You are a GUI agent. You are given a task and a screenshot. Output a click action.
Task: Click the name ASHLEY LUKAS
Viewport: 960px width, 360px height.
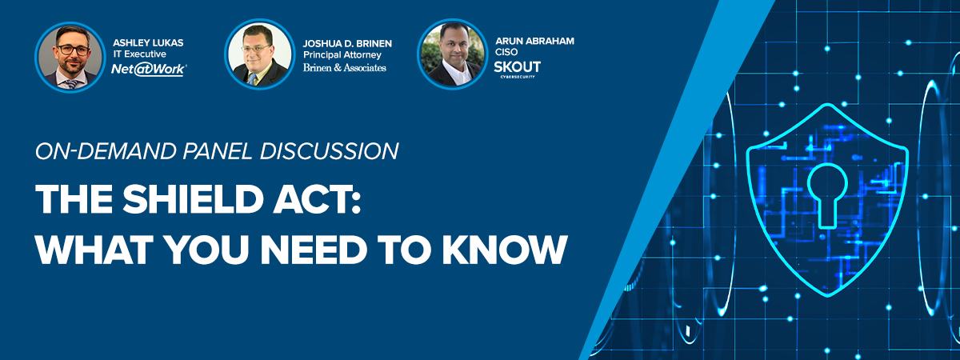(148, 43)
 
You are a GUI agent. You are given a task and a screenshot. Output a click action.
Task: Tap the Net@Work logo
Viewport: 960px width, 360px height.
(149, 70)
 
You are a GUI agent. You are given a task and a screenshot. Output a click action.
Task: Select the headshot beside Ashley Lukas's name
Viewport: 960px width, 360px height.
(70, 57)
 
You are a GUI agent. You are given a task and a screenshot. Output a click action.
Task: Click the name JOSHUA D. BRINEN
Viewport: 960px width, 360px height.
(347, 44)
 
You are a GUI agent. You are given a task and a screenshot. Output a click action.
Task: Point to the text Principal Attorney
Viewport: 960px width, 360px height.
(342, 55)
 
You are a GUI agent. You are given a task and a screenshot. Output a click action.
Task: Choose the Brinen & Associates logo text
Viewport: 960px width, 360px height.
(345, 68)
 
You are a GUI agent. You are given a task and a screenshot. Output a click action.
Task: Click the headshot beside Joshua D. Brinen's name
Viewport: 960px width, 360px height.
(260, 54)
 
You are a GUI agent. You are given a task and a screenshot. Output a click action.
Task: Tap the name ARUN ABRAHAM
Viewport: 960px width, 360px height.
(534, 41)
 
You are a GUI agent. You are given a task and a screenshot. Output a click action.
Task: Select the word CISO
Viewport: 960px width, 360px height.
(506, 52)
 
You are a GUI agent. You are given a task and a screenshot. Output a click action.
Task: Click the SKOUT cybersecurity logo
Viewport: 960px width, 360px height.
(518, 69)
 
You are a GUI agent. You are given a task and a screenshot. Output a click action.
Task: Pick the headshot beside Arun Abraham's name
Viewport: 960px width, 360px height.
(453, 54)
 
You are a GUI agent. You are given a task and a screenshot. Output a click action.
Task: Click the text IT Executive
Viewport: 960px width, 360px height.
(139, 54)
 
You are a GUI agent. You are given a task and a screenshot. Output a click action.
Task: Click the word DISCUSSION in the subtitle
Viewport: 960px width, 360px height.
(329, 151)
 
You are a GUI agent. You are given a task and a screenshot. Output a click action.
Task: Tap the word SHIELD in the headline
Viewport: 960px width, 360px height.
(193, 199)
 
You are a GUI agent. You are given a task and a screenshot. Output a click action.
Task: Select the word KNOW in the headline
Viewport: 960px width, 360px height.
(505, 249)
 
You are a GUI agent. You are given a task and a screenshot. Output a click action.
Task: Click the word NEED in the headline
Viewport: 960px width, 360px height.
(314, 249)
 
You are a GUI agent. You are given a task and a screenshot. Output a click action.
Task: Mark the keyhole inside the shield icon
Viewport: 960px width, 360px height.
(827, 195)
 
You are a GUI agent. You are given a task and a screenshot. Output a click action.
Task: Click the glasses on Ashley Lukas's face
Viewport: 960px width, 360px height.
(74, 50)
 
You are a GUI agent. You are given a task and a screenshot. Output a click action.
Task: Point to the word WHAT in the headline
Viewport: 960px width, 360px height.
(94, 249)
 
